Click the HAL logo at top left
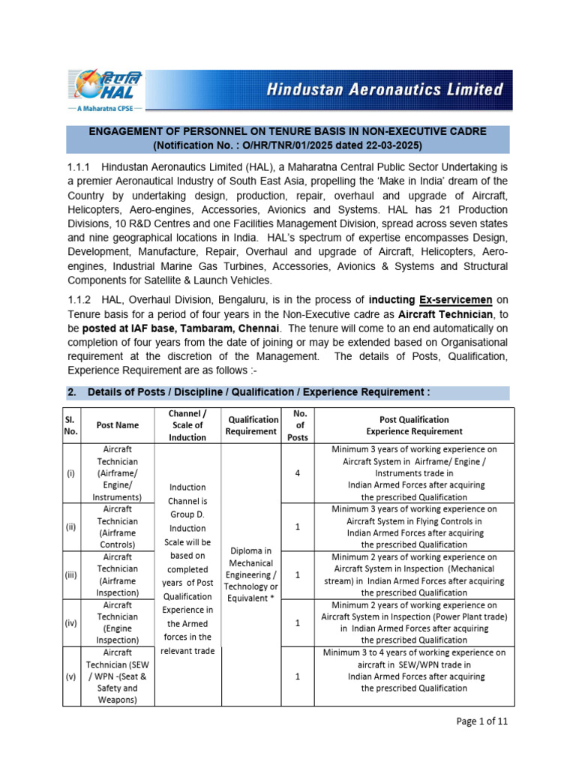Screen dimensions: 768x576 click(x=106, y=85)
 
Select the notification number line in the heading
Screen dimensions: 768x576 click(x=288, y=145)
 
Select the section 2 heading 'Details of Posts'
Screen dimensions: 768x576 click(x=259, y=392)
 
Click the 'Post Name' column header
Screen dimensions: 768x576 click(x=117, y=425)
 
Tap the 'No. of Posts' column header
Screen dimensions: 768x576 click(x=297, y=425)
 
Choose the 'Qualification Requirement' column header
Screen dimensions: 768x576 click(x=253, y=425)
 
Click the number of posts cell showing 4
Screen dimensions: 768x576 click(x=297, y=473)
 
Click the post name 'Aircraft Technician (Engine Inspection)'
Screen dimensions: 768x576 click(x=117, y=622)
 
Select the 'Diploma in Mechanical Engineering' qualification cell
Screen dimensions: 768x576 click(x=253, y=574)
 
